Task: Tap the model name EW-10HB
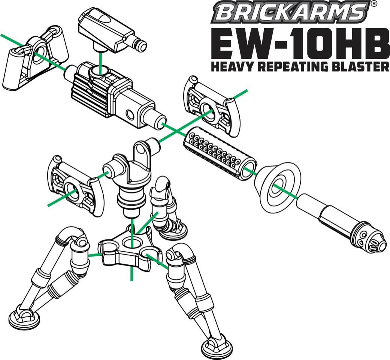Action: pos(300,43)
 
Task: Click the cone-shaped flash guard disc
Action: pos(278,186)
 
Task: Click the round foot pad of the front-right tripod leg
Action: pos(220,347)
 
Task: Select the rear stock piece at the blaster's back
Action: pos(34,60)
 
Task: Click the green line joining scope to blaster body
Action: pos(100,60)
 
